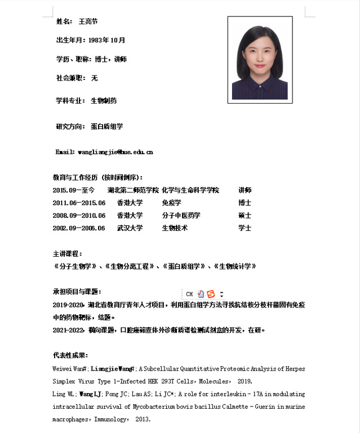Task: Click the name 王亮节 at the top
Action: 88,21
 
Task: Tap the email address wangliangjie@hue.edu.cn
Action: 115,152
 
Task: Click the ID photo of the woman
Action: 260,59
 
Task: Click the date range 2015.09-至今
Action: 74,190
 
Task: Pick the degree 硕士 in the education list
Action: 245,216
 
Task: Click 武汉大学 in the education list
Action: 130,228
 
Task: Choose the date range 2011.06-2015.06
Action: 79,203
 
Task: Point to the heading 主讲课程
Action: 66,254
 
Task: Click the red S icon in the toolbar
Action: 211,294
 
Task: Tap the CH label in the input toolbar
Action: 189,294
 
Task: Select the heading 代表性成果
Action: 70,356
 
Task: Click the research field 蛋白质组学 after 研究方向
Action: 107,127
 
